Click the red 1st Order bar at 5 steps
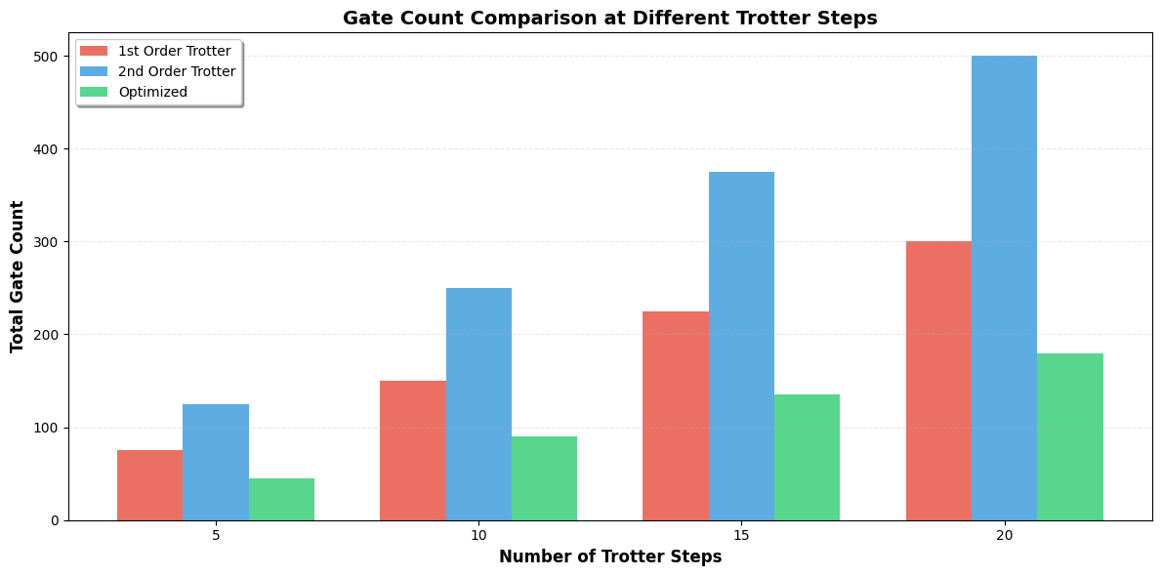(x=149, y=485)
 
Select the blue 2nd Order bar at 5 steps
(x=216, y=462)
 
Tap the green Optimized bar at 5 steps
(x=281, y=499)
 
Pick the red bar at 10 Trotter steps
(x=413, y=450)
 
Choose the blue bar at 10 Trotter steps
(x=478, y=404)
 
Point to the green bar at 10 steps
(x=544, y=478)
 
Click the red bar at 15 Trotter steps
(x=676, y=416)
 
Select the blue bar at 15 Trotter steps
(x=741, y=346)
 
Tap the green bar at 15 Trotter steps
(x=807, y=457)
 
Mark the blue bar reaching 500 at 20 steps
(x=1004, y=288)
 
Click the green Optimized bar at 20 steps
(x=1070, y=436)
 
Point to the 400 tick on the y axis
(x=46, y=149)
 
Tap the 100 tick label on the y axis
(x=46, y=428)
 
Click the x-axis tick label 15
(x=741, y=536)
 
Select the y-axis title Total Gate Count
(x=18, y=276)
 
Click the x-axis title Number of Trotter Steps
(x=610, y=557)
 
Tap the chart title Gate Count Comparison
(x=610, y=18)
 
